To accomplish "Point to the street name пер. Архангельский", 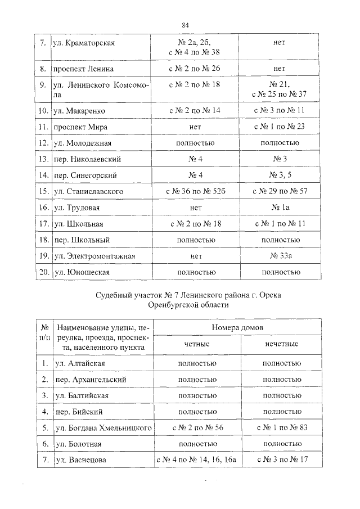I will pyautogui.click(x=91, y=380).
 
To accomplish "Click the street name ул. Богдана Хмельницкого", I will pyautogui.click(x=104, y=429).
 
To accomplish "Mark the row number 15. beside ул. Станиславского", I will pyautogui.click(x=43, y=192).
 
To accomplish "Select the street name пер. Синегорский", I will pyautogui.click(x=86, y=175).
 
